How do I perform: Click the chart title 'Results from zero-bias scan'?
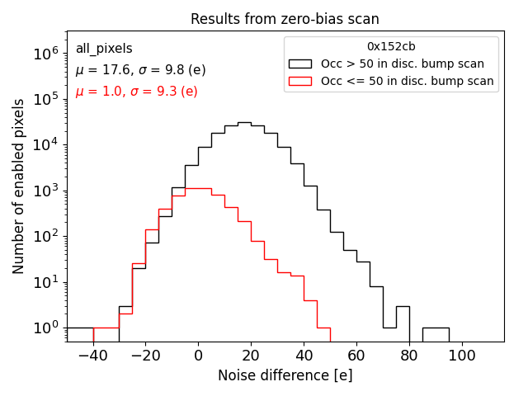click(x=285, y=19)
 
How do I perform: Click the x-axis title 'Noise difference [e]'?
click(x=285, y=375)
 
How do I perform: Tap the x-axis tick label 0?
click(x=198, y=356)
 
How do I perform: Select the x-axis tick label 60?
click(x=356, y=356)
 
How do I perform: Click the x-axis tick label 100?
click(x=462, y=356)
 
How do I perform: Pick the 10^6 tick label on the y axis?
click(x=43, y=54)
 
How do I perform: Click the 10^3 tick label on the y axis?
click(x=43, y=191)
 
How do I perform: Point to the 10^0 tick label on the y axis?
click(x=43, y=328)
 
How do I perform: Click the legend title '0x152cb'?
click(x=391, y=47)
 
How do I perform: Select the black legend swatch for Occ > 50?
click(x=301, y=64)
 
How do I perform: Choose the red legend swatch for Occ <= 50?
click(x=301, y=81)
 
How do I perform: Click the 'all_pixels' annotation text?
click(x=104, y=49)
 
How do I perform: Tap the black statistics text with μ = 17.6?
click(x=140, y=70)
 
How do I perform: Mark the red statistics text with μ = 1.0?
click(x=136, y=91)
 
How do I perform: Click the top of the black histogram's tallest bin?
click(x=244, y=123)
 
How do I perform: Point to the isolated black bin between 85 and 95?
click(x=436, y=328)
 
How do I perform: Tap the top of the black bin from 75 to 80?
click(x=403, y=306)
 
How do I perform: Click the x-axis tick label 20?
click(x=251, y=356)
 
